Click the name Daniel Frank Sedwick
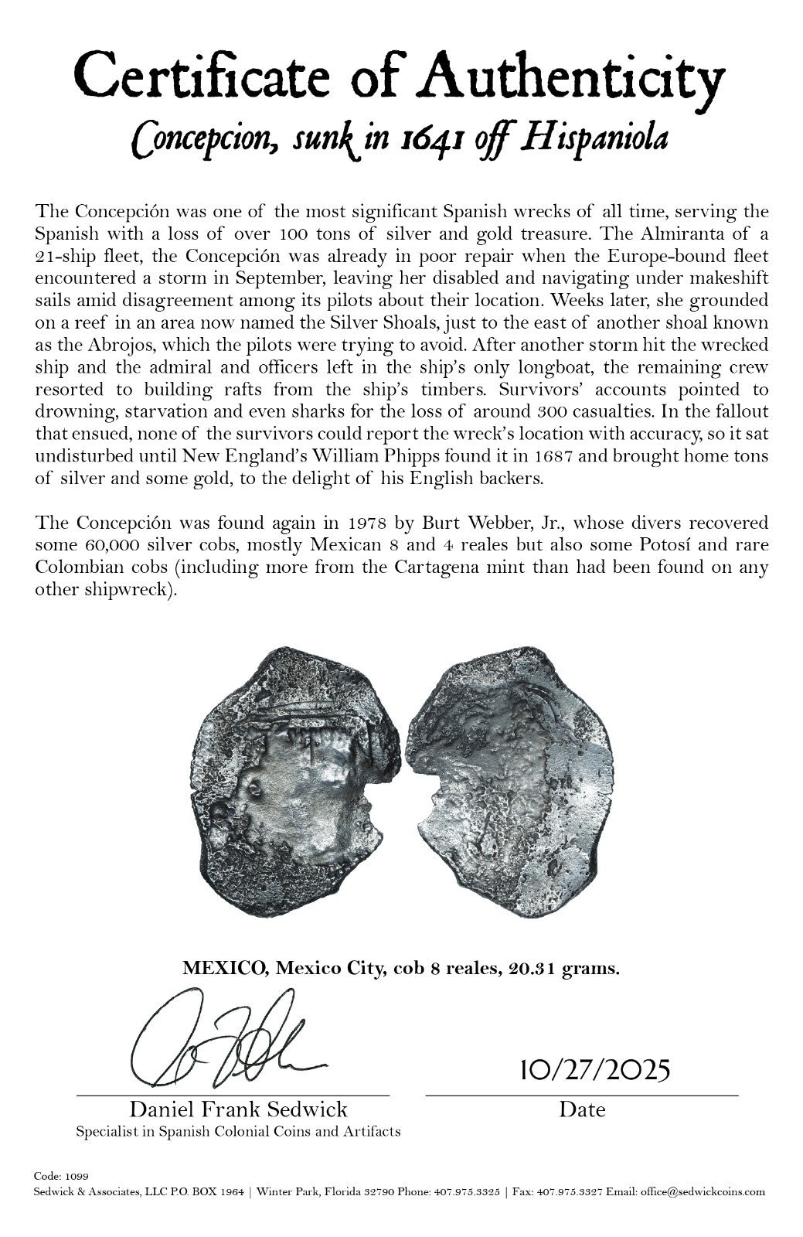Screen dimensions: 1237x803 pos(238,1110)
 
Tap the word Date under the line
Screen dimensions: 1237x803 pos(582,1110)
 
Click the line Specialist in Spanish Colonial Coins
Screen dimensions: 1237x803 pos(238,1131)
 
